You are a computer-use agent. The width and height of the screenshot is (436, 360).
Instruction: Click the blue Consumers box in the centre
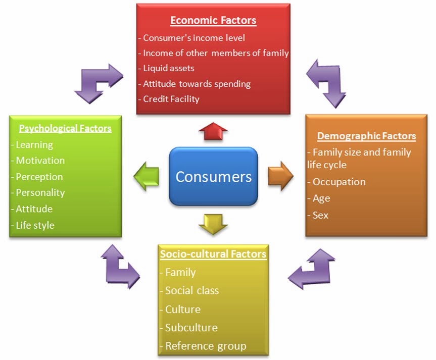click(x=213, y=177)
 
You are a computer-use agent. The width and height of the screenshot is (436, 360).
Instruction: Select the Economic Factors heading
click(x=213, y=21)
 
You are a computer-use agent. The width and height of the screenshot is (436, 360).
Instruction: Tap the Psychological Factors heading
click(x=65, y=128)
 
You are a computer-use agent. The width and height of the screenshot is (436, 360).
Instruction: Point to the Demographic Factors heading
click(x=366, y=136)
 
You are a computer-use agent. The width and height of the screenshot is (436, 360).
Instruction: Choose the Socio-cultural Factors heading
click(x=213, y=254)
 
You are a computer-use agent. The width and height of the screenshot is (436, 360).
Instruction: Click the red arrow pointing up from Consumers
click(x=213, y=132)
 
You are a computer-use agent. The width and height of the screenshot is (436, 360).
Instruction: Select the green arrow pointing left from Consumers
click(x=147, y=176)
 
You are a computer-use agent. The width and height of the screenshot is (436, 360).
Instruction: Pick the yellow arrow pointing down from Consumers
click(x=213, y=224)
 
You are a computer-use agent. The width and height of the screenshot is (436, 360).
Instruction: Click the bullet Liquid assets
click(x=168, y=68)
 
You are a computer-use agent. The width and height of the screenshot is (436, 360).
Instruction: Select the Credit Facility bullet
click(x=171, y=99)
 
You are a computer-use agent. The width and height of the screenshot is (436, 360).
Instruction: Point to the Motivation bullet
click(x=40, y=161)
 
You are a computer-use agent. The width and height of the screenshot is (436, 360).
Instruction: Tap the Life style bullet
click(x=35, y=225)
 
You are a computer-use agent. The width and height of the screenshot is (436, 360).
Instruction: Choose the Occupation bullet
click(x=338, y=182)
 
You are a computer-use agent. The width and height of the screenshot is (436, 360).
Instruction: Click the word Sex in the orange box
click(x=320, y=215)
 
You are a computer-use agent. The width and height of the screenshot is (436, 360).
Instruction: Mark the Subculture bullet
click(x=191, y=328)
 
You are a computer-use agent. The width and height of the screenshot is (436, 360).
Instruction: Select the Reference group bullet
click(x=206, y=346)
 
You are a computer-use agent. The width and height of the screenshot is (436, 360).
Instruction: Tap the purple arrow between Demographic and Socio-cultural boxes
click(x=312, y=268)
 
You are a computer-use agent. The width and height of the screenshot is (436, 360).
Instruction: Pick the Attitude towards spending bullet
click(x=197, y=84)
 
